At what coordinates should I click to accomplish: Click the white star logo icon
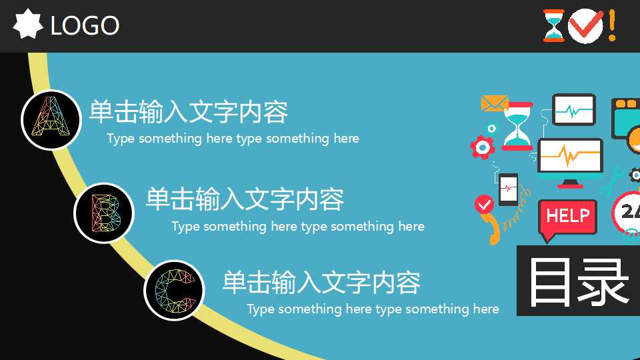tap(28, 25)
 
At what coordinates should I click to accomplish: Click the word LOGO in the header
tap(85, 26)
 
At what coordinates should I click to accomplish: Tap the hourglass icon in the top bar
tap(553, 26)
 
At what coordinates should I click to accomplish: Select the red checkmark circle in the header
tap(585, 26)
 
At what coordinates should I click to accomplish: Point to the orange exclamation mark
tap(612, 25)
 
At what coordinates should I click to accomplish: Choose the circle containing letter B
tap(103, 213)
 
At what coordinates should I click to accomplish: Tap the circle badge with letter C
tap(173, 290)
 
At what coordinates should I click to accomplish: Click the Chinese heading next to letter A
tap(188, 111)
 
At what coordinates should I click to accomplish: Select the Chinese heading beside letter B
tap(245, 199)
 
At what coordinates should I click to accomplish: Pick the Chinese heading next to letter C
tap(321, 282)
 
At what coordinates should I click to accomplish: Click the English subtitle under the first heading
tap(233, 139)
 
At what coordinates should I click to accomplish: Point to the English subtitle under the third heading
tap(373, 309)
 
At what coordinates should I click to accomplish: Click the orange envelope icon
tap(494, 103)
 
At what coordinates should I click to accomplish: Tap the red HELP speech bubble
tap(567, 217)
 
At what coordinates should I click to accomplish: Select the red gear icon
tap(481, 147)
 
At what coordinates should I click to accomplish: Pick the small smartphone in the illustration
tap(508, 189)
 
